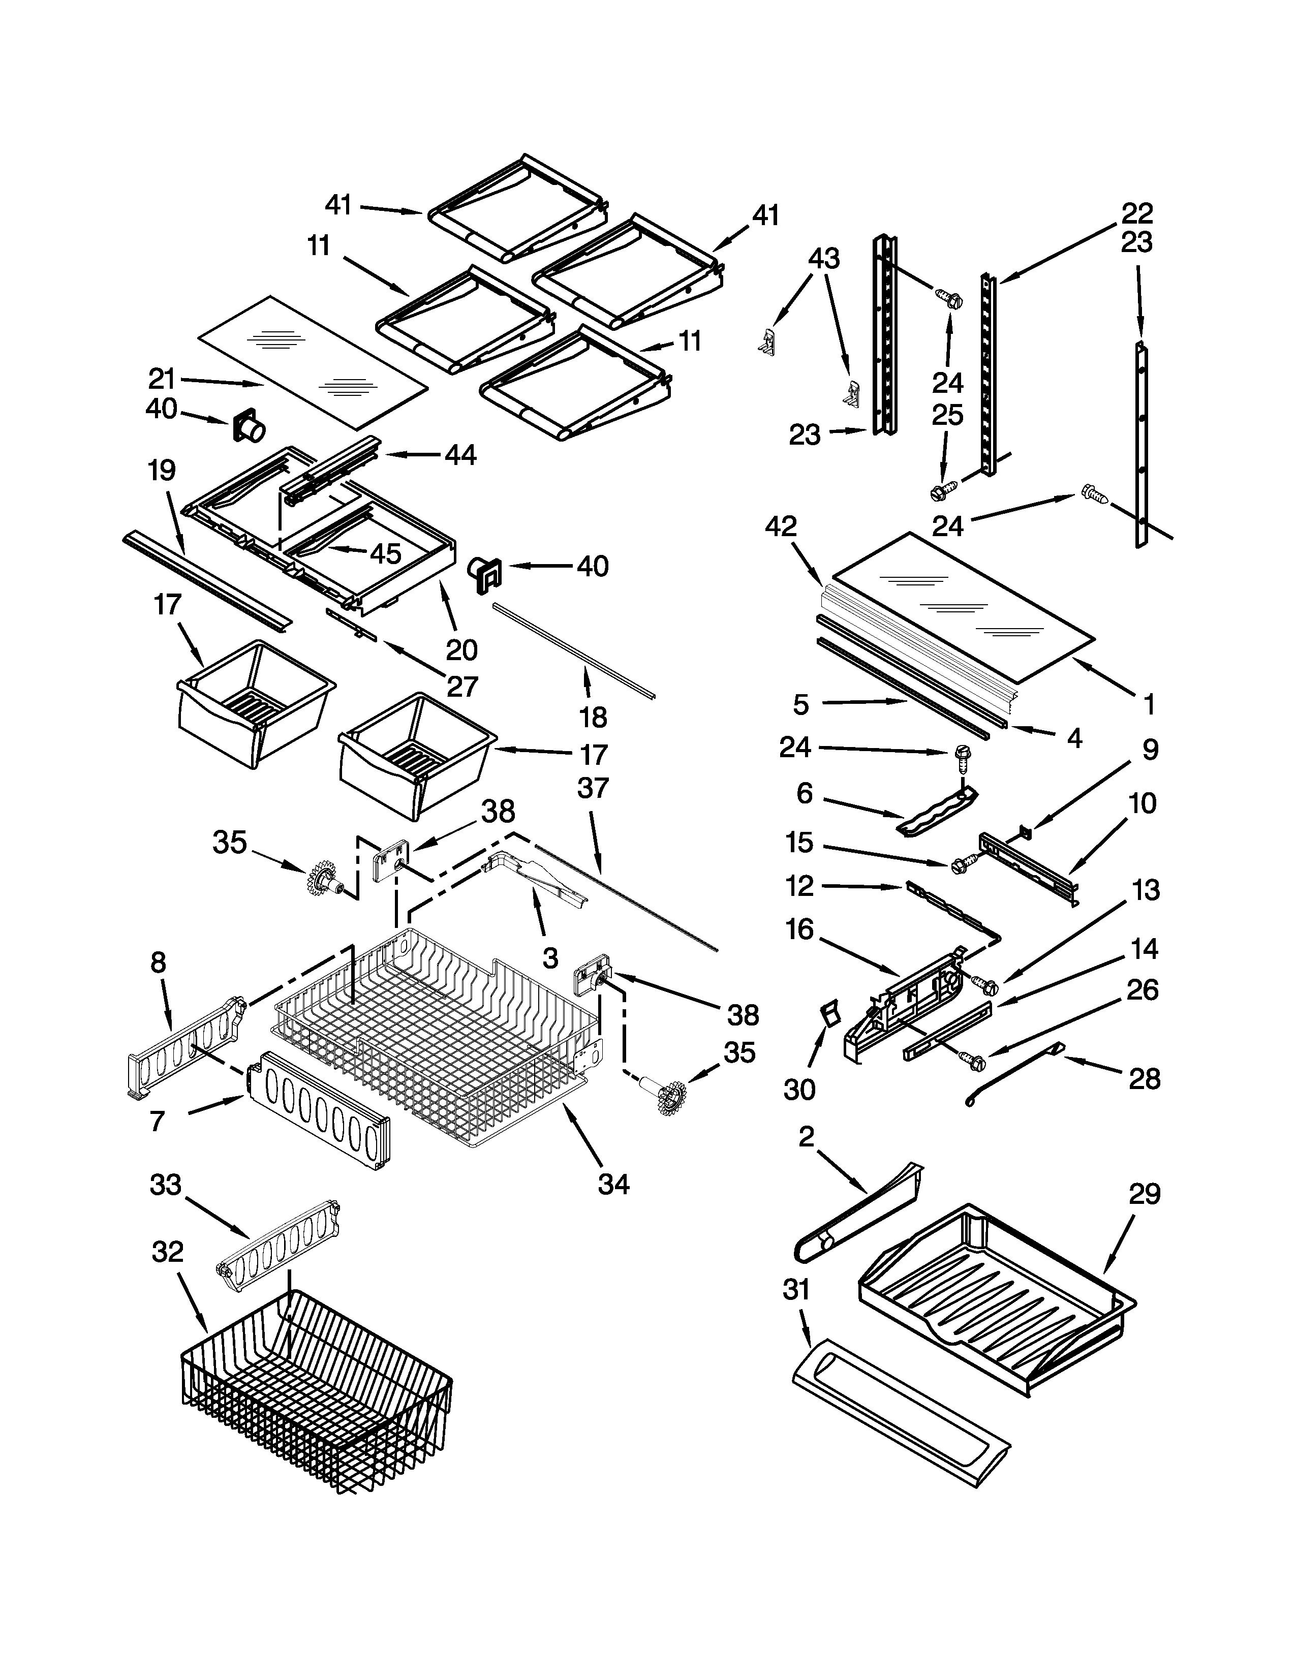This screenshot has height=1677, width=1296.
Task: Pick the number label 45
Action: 385,553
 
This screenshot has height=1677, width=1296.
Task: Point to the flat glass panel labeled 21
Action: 311,361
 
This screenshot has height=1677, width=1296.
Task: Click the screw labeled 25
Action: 943,489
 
